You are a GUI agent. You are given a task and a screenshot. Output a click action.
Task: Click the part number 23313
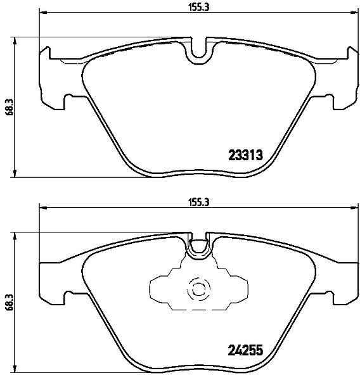(x=245, y=155)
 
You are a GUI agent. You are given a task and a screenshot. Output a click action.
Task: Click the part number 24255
(x=245, y=350)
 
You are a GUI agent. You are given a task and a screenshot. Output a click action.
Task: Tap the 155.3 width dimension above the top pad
(x=199, y=7)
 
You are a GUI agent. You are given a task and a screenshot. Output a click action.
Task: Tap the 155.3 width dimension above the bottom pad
(x=199, y=203)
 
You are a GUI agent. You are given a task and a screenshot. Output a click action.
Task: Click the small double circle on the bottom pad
(x=198, y=288)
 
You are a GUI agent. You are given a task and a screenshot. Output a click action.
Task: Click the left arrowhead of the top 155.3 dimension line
(x=42, y=11)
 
